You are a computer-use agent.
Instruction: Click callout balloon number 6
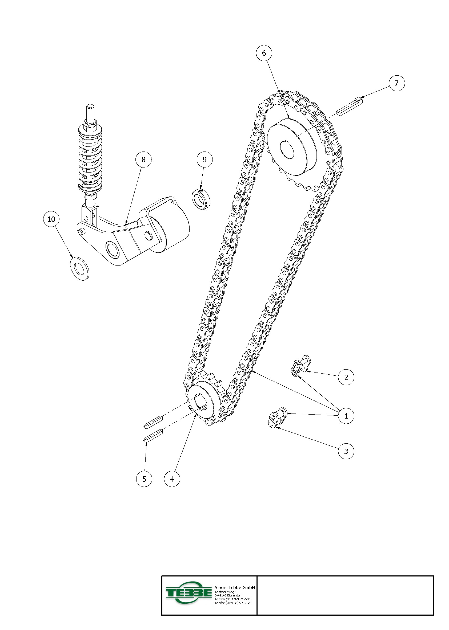tap(264, 53)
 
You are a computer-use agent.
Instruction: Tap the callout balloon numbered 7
tap(396, 83)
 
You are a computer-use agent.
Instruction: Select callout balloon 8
tap(143, 159)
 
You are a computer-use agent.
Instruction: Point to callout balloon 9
tap(205, 159)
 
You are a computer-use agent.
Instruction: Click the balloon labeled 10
tap(51, 219)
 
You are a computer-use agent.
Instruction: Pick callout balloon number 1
tap(346, 416)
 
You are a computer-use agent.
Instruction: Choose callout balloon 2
tap(346, 377)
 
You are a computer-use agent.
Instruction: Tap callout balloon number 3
tap(346, 451)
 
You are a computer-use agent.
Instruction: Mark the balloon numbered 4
tap(172, 479)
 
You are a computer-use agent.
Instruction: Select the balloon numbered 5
tap(144, 479)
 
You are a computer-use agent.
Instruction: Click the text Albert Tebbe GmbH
tap(235, 588)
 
